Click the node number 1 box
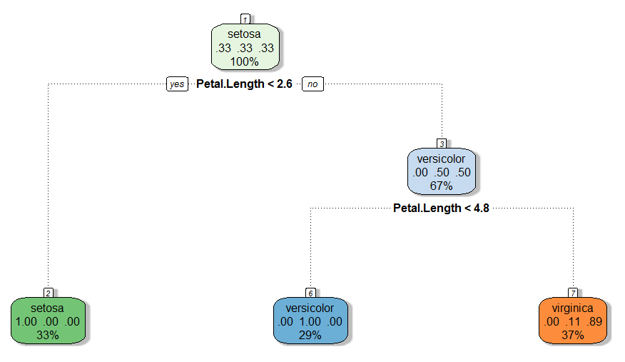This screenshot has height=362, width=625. tap(245, 19)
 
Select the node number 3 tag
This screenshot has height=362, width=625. tap(441, 143)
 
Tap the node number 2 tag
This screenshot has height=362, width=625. tap(48, 293)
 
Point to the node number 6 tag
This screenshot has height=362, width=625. tap(310, 293)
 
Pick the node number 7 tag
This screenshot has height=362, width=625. tap(573, 293)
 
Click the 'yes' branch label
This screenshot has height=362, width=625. tap(176, 84)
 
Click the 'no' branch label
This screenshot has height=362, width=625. tap(312, 84)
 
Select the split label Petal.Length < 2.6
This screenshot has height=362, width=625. tap(244, 84)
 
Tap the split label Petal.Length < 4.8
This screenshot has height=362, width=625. tap(441, 208)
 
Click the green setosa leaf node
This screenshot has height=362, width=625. tap(48, 321)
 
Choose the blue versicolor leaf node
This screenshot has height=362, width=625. tap(310, 321)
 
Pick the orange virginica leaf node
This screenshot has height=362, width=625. tap(573, 321)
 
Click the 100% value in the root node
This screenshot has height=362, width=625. tap(245, 61)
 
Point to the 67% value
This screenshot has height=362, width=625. tap(441, 186)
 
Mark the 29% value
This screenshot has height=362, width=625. tap(310, 335)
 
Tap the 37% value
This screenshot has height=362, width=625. tap(573, 335)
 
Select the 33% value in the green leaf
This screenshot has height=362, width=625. tap(48, 335)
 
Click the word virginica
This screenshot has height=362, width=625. tap(573, 308)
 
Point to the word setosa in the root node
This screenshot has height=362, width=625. tap(245, 34)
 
